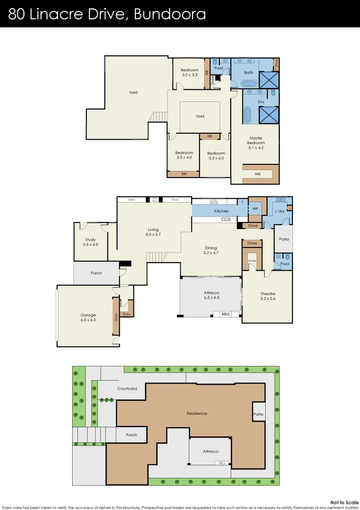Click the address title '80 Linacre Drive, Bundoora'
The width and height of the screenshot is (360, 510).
tap(107, 14)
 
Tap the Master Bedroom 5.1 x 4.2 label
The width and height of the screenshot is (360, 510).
tap(256, 143)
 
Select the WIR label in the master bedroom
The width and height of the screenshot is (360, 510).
tap(257, 174)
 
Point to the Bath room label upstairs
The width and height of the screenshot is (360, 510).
tap(249, 73)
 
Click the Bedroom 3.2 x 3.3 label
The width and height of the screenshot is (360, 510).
tap(189, 72)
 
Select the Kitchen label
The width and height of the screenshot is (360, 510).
tap(221, 211)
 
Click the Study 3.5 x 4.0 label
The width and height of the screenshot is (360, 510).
tap(91, 242)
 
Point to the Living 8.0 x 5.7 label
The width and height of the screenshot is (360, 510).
tap(154, 232)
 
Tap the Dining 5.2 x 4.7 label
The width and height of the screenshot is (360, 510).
tap(211, 250)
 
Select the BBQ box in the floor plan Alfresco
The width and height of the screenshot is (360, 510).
tap(226, 314)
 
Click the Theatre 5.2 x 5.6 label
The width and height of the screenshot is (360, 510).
tap(268, 296)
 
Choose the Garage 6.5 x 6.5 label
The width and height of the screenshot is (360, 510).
tap(88, 317)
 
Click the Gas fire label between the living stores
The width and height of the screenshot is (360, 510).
tap(154, 200)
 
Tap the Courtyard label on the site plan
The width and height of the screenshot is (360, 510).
tap(127, 389)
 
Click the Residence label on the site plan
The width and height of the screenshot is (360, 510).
tap(197, 414)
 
